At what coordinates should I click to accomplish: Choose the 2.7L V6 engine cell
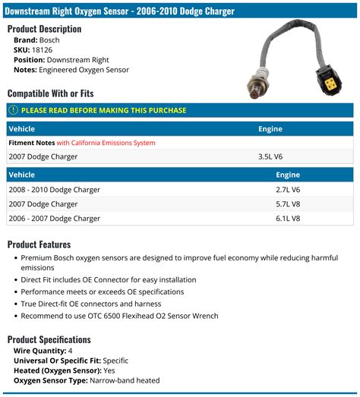click(287, 190)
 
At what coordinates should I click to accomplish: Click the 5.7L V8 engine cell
click(287, 204)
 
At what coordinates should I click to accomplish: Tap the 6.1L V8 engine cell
click(287, 219)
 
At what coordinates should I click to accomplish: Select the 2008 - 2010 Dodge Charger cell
click(55, 190)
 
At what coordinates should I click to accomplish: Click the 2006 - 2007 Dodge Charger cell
click(55, 219)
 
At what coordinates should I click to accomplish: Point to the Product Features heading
click(39, 244)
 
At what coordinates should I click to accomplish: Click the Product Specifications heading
click(49, 339)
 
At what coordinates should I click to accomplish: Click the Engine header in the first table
click(270, 129)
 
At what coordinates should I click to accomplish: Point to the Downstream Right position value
click(77, 59)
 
